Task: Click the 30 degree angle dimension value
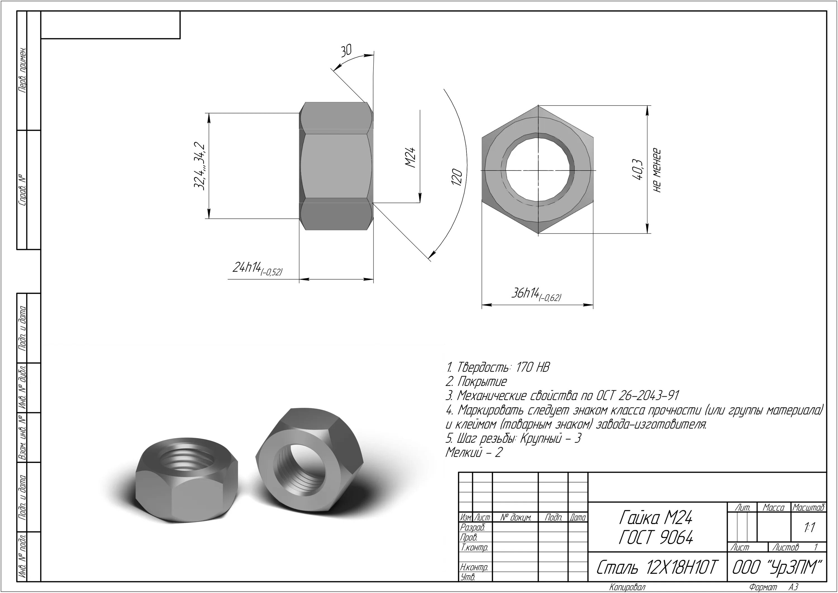(346, 51)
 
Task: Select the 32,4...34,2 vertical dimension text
(199, 166)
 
